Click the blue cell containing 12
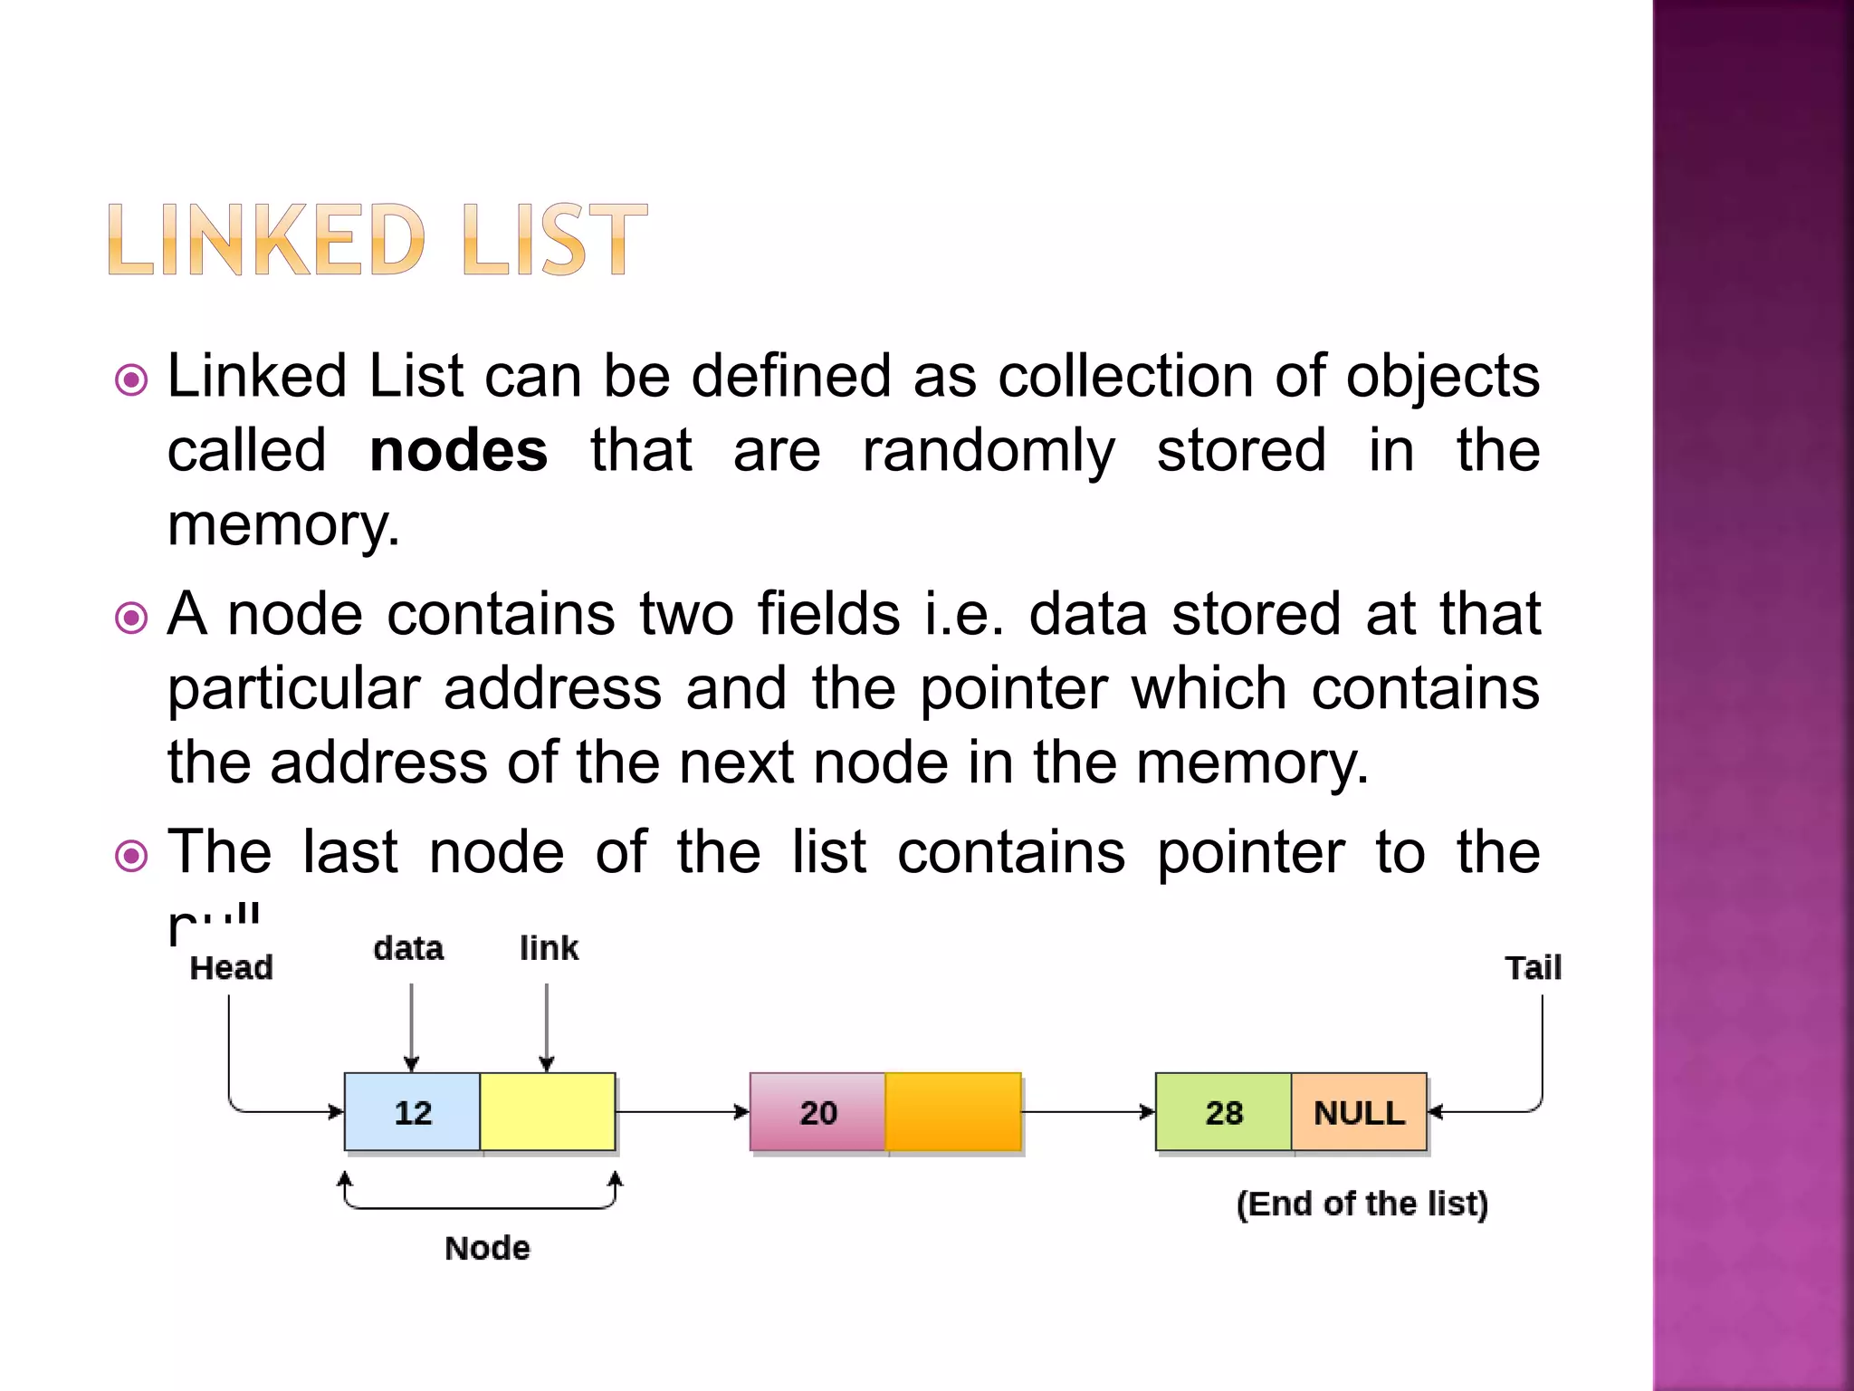[x=412, y=1112]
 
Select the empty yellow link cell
[x=548, y=1112]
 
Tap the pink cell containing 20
[x=817, y=1112]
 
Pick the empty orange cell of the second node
[x=953, y=1112]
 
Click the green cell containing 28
[x=1223, y=1112]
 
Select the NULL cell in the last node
[x=1359, y=1112]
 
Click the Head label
[x=231, y=968]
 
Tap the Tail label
[x=1533, y=968]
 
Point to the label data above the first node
[x=408, y=948]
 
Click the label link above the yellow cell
[x=549, y=948]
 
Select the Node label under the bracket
[x=487, y=1248]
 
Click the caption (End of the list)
[x=1362, y=1204]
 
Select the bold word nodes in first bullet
[x=458, y=451]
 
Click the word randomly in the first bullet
[x=988, y=451]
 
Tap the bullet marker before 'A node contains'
[x=132, y=619]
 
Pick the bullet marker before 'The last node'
[x=132, y=856]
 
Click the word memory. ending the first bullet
[x=283, y=525]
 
